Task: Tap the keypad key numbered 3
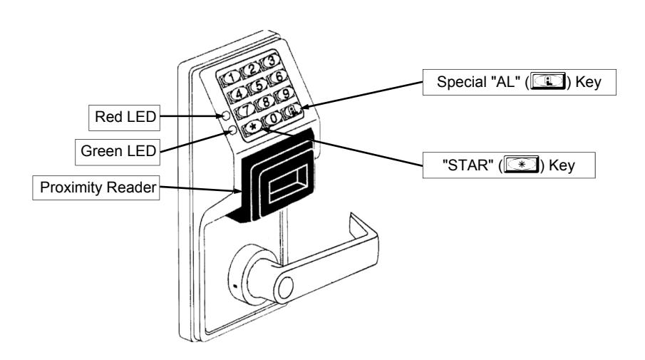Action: (x=270, y=61)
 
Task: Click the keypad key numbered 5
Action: (x=259, y=86)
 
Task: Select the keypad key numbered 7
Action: (x=246, y=110)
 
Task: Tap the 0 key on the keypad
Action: (x=272, y=118)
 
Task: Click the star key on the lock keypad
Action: (x=254, y=127)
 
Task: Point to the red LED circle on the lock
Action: (x=226, y=115)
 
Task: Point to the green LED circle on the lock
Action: (x=232, y=130)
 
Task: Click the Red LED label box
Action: (x=124, y=118)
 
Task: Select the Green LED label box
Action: (x=118, y=152)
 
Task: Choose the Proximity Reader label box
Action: (x=96, y=188)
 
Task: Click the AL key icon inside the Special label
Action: (x=548, y=81)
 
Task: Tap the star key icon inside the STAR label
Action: (x=522, y=165)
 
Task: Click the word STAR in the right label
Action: (x=468, y=165)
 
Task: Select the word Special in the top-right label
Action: (x=462, y=82)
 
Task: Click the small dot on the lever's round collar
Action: (x=235, y=286)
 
